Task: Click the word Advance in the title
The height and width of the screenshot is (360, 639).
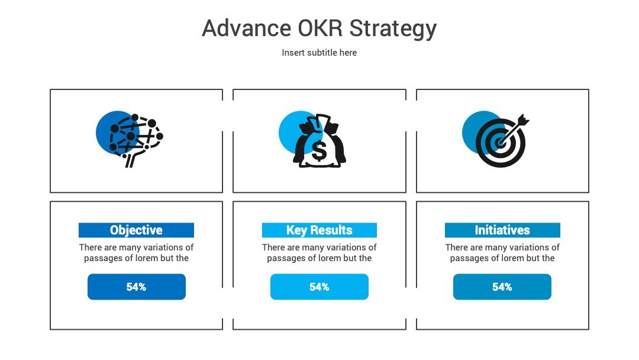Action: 247,28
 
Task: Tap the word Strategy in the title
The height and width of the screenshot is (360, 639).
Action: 393,30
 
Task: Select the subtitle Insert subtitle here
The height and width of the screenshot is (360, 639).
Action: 319,53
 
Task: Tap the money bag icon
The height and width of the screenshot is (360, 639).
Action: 319,141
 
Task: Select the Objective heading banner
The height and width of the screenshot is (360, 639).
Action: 136,230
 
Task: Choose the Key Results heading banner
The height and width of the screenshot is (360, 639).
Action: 319,230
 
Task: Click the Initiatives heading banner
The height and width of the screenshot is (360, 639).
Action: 502,230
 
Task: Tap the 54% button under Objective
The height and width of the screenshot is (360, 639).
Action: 137,287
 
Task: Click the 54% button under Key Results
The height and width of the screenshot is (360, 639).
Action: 319,287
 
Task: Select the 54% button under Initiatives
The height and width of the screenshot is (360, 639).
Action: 502,287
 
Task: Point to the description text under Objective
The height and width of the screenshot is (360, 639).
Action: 136,253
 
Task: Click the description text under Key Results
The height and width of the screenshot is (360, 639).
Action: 319,253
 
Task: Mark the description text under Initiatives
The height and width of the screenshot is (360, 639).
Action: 502,253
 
